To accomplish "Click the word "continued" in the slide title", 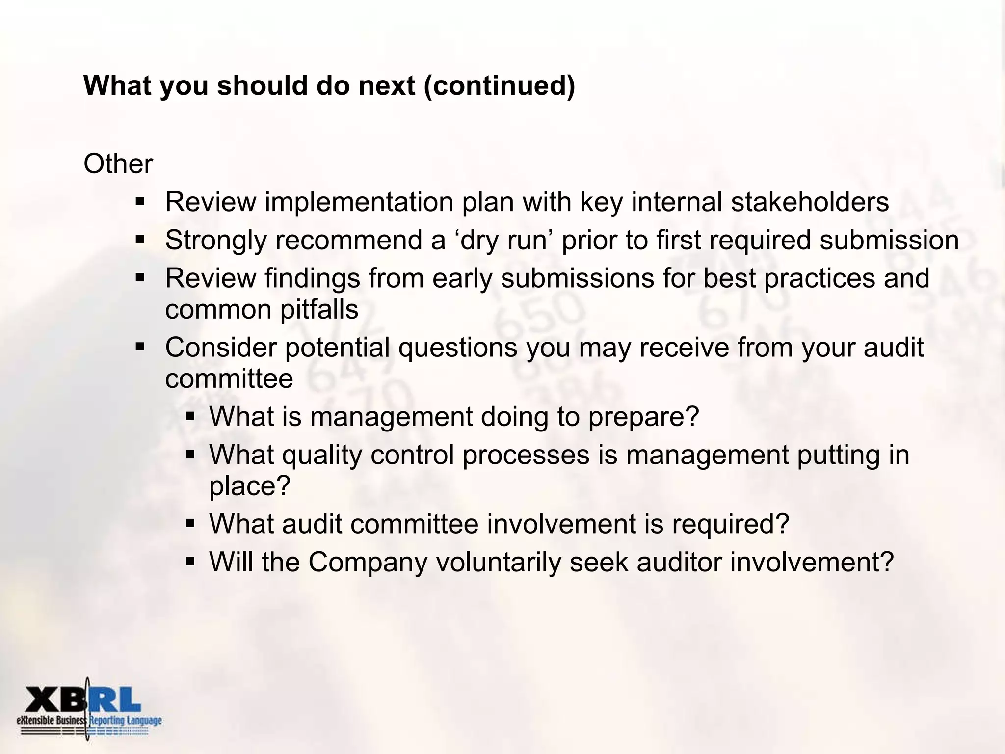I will [x=499, y=85].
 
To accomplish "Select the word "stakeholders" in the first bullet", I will [x=810, y=202].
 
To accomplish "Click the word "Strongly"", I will [x=216, y=240].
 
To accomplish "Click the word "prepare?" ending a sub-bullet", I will [x=643, y=417].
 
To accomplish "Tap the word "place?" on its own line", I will [x=250, y=486].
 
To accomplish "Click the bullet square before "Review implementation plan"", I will [x=140, y=202].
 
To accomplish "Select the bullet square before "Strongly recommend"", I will [x=140, y=240].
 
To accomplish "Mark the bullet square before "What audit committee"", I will [x=191, y=524].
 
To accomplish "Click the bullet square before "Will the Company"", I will [x=191, y=562].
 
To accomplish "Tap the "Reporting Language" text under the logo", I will [x=126, y=721].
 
